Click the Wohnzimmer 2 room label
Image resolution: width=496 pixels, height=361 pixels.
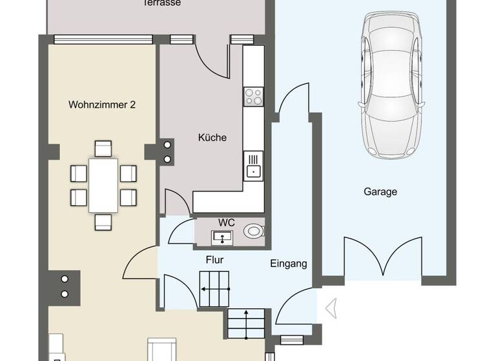click(102, 104)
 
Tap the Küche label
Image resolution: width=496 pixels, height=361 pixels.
click(212, 137)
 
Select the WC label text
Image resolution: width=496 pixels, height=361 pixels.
click(225, 222)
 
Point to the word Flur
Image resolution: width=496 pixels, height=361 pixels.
click(214, 260)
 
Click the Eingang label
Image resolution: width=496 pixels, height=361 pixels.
click(288, 263)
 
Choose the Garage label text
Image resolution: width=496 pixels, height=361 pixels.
click(380, 191)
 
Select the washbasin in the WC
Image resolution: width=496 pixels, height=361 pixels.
click(223, 237)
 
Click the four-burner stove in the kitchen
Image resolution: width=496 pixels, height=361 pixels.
click(253, 97)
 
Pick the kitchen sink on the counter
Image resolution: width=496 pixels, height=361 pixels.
click(253, 164)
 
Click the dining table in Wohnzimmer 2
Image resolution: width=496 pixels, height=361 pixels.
click(103, 185)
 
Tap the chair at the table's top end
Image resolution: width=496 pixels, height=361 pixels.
click(103, 149)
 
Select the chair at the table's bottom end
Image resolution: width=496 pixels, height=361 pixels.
click(103, 222)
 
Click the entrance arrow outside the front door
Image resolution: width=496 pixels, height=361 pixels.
click(332, 308)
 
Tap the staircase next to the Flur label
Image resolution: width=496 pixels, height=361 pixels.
click(214, 288)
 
